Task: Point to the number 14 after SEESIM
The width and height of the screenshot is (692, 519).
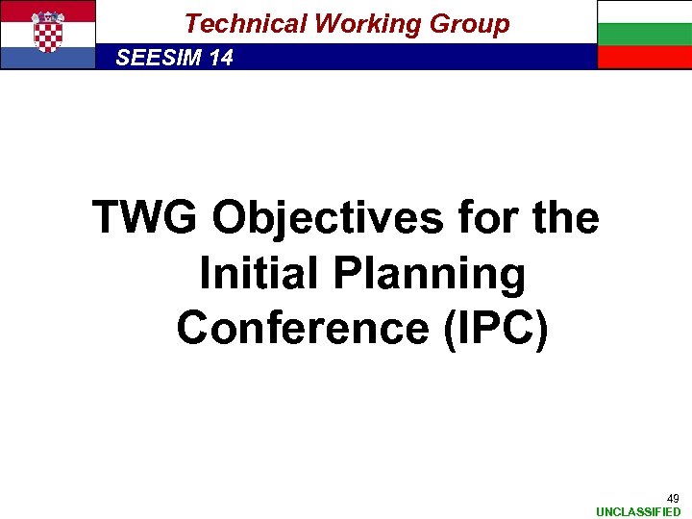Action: [x=220, y=59]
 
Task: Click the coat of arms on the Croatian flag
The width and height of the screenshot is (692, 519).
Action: [x=48, y=32]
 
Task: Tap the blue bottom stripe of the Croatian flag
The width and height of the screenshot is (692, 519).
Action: [x=48, y=59]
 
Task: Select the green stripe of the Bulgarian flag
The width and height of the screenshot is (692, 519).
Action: [x=644, y=35]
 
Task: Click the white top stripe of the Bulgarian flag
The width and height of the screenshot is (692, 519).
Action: [x=644, y=12]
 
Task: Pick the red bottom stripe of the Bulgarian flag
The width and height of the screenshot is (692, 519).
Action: [x=644, y=58]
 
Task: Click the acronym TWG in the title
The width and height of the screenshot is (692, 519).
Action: [x=146, y=218]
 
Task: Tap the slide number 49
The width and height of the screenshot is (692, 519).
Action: [x=673, y=499]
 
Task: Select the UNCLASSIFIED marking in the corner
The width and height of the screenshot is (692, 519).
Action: [x=638, y=512]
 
